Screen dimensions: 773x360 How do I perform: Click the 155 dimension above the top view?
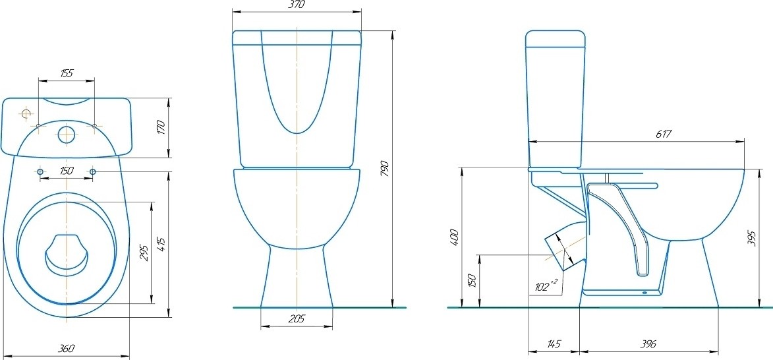click(67, 73)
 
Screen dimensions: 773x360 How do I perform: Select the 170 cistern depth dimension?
click(161, 127)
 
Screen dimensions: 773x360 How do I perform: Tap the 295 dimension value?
click(144, 252)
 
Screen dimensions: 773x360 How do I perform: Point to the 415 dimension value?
click(161, 245)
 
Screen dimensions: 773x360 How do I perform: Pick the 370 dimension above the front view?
click(298, 5)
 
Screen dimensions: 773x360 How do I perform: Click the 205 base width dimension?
click(297, 319)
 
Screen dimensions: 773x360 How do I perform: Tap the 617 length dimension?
click(664, 134)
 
